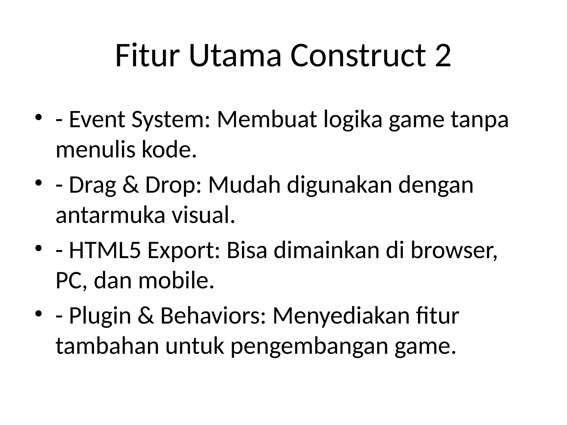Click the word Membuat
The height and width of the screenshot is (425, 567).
(267, 120)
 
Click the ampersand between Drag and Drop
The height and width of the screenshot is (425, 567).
(130, 185)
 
